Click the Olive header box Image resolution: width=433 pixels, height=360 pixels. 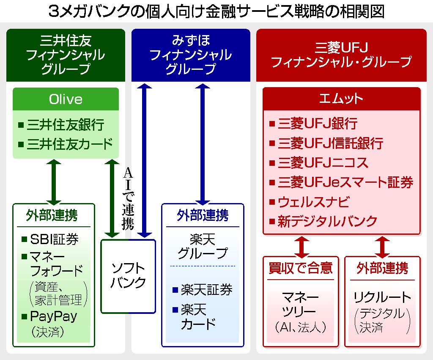point(66,99)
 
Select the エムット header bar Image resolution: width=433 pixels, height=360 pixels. point(341,99)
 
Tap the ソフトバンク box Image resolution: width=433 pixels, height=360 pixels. point(128,275)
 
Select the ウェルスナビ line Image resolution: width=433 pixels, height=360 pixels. point(313,202)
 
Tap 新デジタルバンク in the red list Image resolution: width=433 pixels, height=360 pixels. point(327,221)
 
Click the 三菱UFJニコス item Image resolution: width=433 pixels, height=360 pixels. point(323,163)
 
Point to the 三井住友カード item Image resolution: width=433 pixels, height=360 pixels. point(70,144)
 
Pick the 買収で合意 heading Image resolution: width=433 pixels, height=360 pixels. point(301,268)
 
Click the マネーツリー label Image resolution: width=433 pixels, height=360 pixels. point(300,304)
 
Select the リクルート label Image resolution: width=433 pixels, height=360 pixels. point(382,297)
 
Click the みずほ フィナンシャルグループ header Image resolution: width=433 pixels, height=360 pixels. point(191,55)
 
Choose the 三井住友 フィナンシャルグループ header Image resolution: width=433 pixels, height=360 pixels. point(66,55)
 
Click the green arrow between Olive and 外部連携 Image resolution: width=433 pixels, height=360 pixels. point(54,181)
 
